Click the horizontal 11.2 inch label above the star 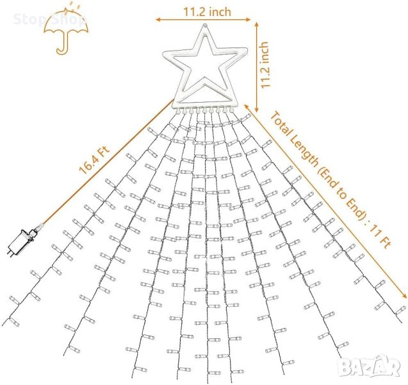(208, 12)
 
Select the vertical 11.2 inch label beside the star (265, 65)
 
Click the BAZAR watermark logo (370, 366)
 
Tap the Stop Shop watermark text (49, 19)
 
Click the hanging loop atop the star (205, 26)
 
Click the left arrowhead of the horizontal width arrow (158, 19)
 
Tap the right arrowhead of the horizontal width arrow (249, 19)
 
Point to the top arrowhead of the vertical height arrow (257, 24)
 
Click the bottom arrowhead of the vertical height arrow (257, 110)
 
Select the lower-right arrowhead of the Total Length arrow (404, 296)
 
